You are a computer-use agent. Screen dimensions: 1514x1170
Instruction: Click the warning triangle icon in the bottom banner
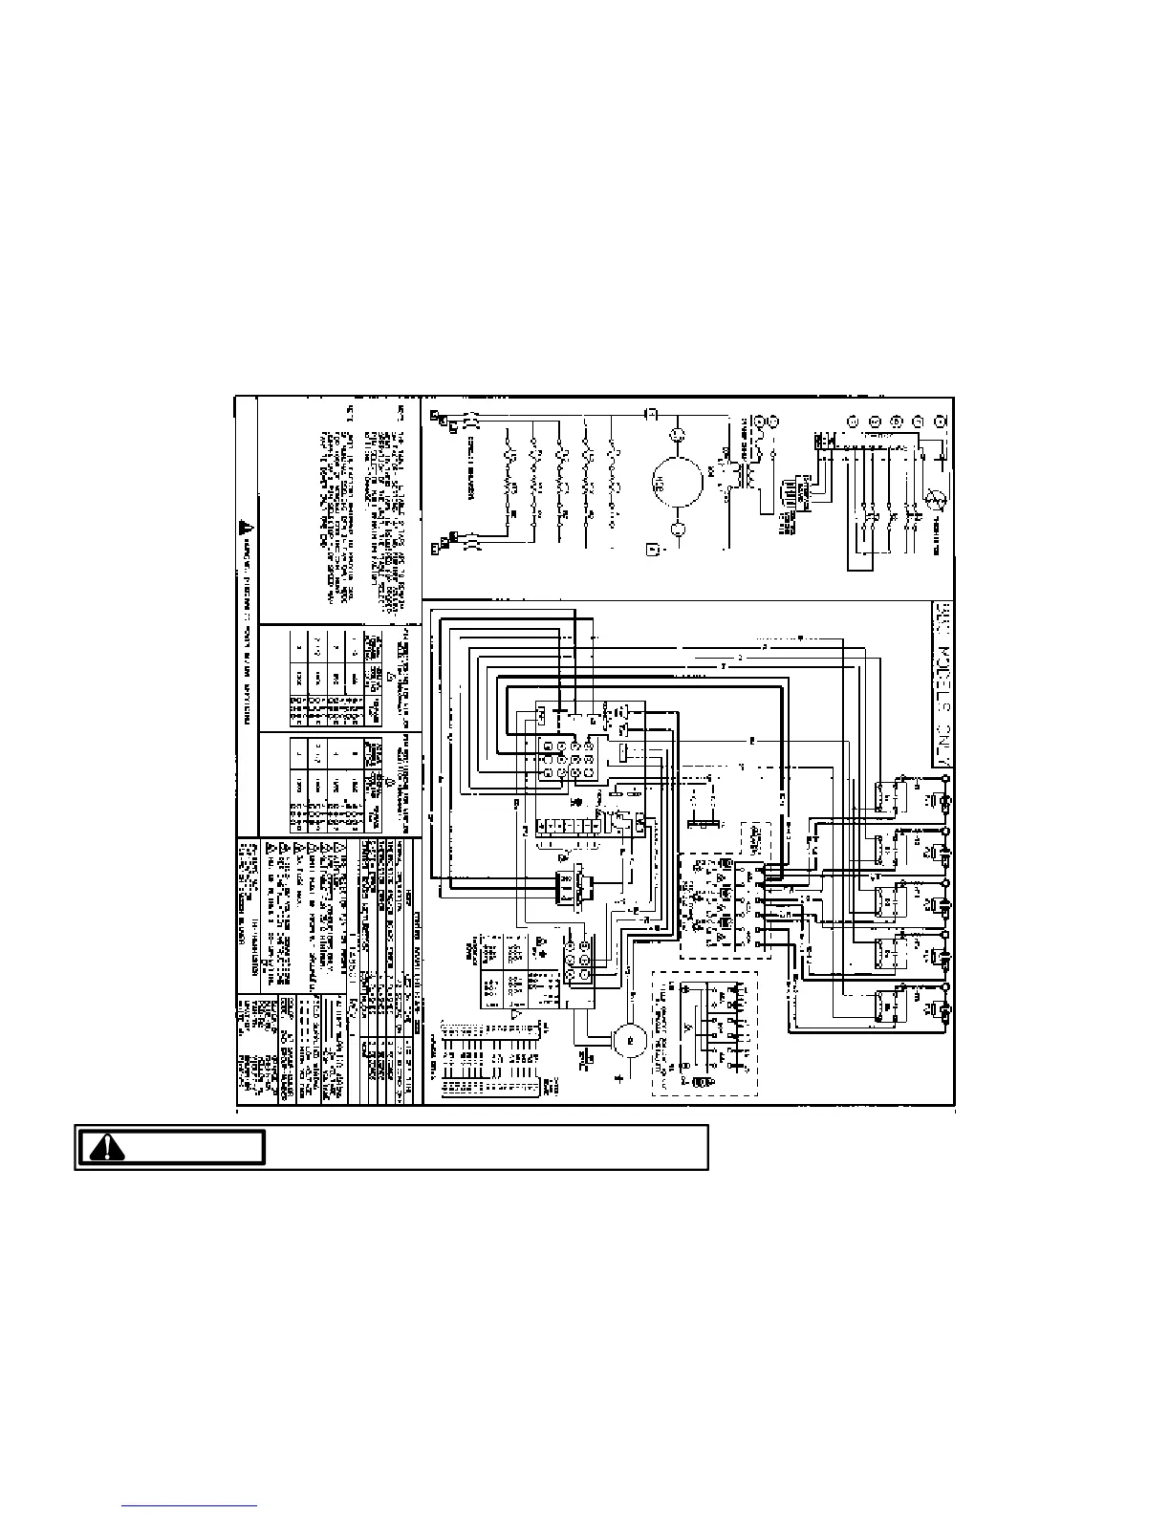108,1146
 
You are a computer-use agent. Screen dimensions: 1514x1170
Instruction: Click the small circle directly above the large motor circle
679,436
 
